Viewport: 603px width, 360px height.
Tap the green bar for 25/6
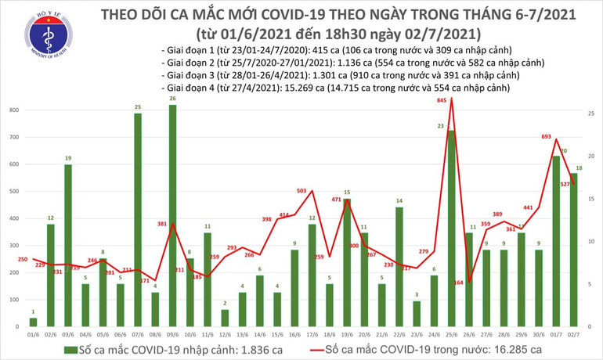(x=451, y=228)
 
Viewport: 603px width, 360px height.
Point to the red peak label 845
(x=442, y=100)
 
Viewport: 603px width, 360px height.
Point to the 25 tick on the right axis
(x=590, y=114)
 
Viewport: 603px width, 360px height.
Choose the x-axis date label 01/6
(x=33, y=333)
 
